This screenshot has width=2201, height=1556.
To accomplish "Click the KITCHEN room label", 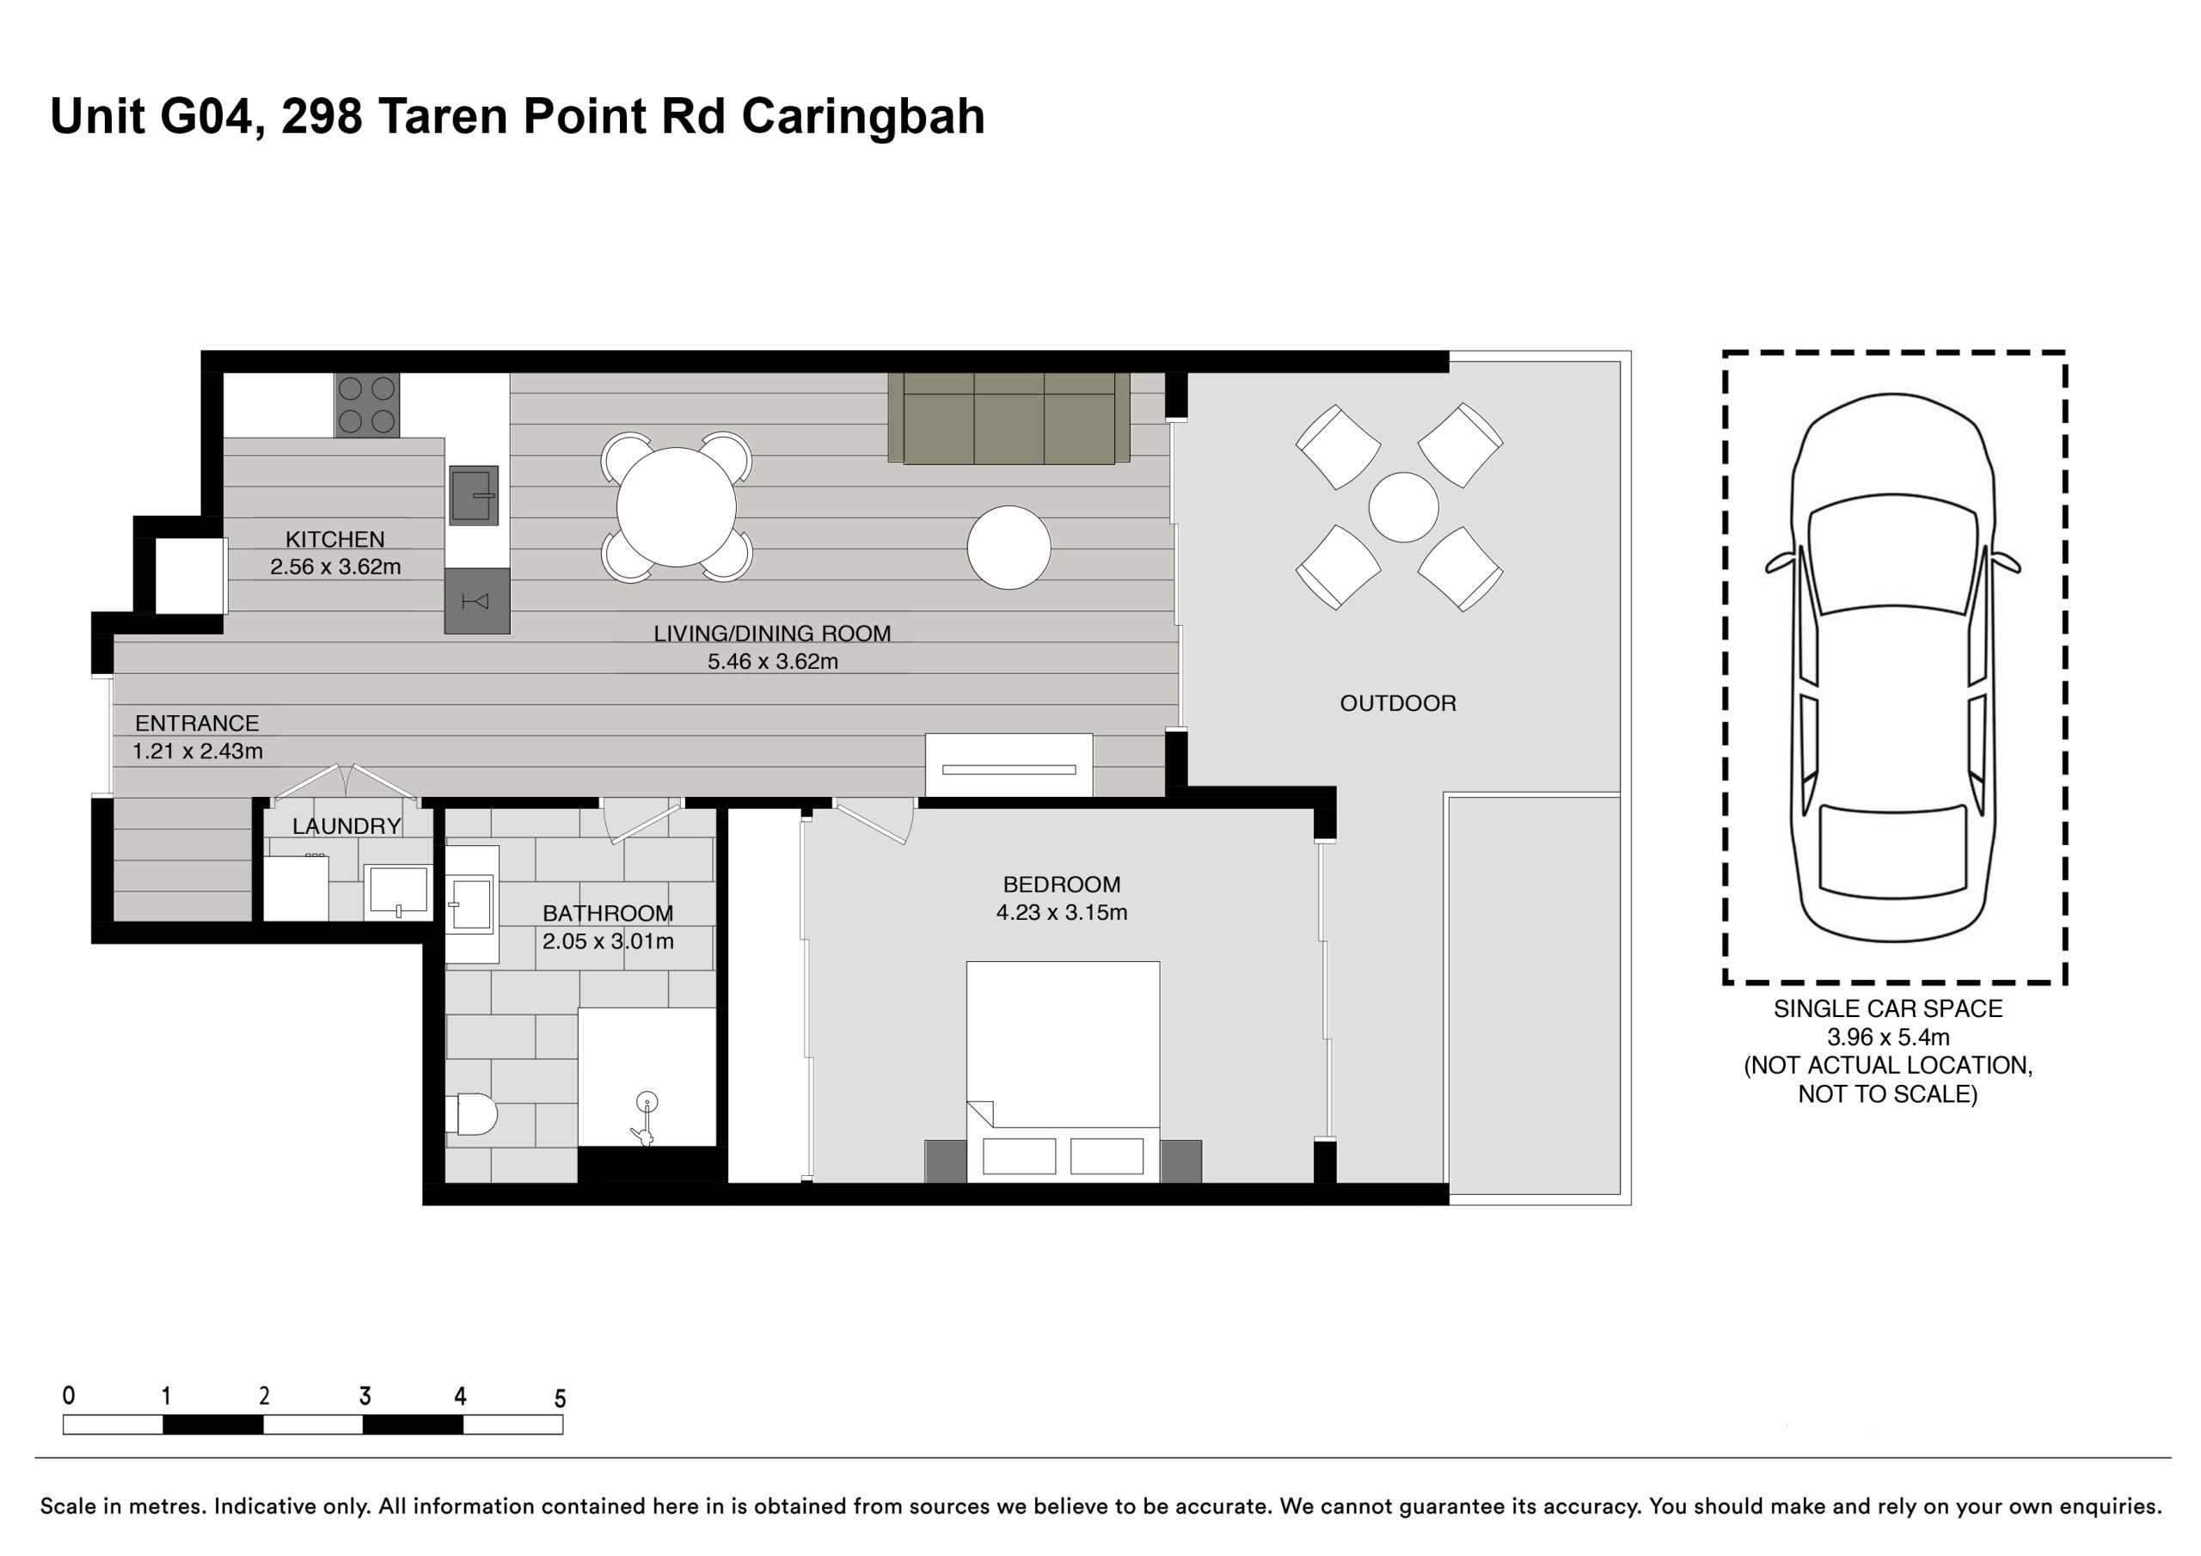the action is [x=334, y=540].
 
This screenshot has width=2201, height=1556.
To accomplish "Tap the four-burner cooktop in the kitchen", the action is [x=367, y=405].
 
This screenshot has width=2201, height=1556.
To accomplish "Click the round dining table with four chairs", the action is [x=677, y=507].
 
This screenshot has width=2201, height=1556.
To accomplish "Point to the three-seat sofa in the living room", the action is [x=1009, y=419].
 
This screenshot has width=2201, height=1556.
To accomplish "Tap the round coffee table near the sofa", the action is [x=1009, y=548].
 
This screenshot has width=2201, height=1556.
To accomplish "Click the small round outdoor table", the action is [x=1403, y=507].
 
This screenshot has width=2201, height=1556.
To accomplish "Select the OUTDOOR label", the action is [x=1398, y=704].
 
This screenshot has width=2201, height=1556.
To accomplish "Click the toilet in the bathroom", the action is [x=472, y=1114].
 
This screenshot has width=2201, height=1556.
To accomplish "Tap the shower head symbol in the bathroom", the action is [x=647, y=1103].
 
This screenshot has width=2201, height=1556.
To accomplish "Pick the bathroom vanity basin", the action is [x=472, y=904].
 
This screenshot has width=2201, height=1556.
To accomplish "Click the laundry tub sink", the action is [x=398, y=891].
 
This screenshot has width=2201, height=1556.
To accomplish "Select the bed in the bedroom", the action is [x=1064, y=1072].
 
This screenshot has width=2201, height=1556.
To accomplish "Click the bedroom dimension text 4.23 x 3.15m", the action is [x=1061, y=913].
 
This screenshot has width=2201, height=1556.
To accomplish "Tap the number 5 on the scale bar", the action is [x=560, y=1399].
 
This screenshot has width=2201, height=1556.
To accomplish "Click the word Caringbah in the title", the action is [x=862, y=117].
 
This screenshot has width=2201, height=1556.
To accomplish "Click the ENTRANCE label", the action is [x=197, y=724].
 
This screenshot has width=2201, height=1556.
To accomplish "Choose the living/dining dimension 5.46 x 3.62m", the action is [x=773, y=662].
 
